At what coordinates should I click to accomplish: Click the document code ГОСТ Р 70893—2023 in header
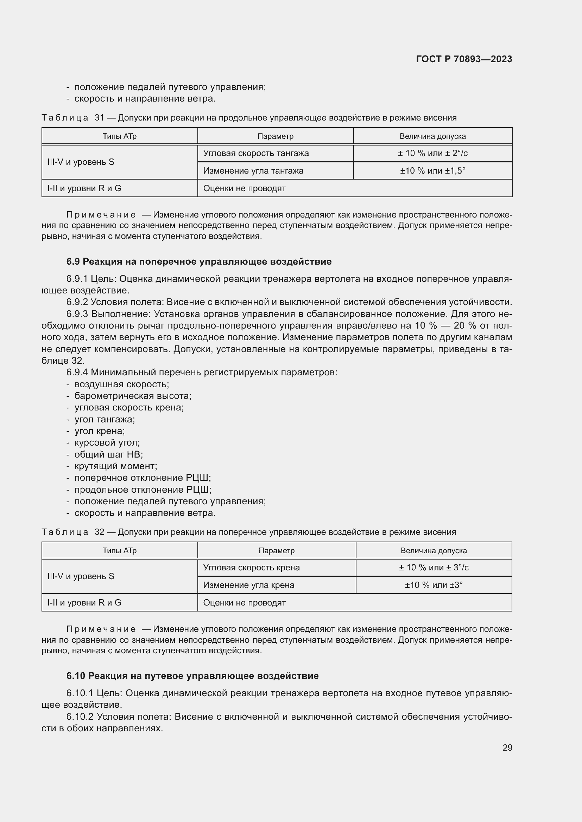464,59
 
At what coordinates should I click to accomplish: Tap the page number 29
507,748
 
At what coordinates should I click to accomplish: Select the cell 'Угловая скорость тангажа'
255,153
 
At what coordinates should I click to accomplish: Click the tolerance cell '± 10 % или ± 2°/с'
432,153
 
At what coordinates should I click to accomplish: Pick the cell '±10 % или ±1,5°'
432,171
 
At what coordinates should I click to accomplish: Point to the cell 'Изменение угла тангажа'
253,171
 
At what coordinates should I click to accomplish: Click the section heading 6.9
198,262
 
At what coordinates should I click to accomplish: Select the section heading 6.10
192,676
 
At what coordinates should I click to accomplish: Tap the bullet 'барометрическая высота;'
133,396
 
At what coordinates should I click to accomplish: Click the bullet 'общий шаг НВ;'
109,455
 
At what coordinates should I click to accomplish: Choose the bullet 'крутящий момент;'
116,466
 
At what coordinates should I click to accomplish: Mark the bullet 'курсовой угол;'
107,443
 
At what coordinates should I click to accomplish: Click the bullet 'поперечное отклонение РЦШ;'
143,478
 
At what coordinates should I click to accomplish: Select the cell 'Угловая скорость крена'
251,568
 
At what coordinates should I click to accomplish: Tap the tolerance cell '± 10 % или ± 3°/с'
433,568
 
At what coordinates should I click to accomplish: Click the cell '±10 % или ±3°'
433,585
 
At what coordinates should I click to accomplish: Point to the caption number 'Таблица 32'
73,532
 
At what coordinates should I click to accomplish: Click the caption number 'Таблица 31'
73,118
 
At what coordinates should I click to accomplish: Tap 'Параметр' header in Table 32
276,551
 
